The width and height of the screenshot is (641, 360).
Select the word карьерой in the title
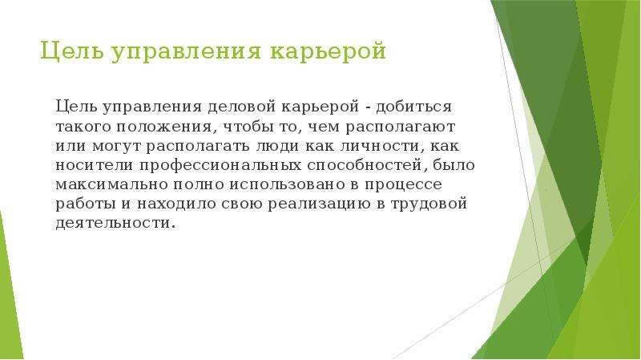(328, 52)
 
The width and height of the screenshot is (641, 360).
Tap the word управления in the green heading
(186, 52)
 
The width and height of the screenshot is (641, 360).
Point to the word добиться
(413, 107)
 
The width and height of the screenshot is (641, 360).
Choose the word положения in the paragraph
(164, 127)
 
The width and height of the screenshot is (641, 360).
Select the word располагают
(400, 127)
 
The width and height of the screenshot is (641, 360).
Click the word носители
(95, 165)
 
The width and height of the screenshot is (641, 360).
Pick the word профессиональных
(220, 166)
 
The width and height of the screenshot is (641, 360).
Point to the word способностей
(365, 165)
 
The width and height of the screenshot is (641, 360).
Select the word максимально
(111, 184)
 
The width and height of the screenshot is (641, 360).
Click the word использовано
(288, 184)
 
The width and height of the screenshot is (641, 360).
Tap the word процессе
(403, 185)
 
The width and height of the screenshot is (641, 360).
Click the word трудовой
(429, 204)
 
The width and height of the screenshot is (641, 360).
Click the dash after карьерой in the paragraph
(368, 108)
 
